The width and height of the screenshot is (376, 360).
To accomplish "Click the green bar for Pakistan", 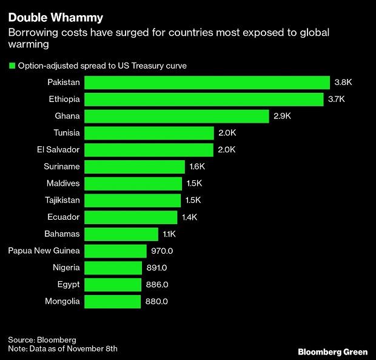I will click(x=206, y=83).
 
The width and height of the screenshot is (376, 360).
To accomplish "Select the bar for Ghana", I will click(x=176, y=116).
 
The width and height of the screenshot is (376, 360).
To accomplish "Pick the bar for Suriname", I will click(x=134, y=166).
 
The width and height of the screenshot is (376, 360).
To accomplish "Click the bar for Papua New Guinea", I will click(x=115, y=251).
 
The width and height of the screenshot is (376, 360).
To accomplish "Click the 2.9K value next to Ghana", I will click(x=282, y=116).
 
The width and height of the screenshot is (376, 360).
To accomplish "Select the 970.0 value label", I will click(x=162, y=251).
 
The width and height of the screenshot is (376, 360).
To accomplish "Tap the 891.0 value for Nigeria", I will click(x=156, y=268).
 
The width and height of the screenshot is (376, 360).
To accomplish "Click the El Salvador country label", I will click(x=57, y=149).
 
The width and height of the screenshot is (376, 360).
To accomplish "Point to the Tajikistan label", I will click(x=59, y=200).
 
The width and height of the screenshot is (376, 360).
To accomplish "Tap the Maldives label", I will click(x=62, y=183).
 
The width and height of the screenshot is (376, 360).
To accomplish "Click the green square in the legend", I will click(x=12, y=66).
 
